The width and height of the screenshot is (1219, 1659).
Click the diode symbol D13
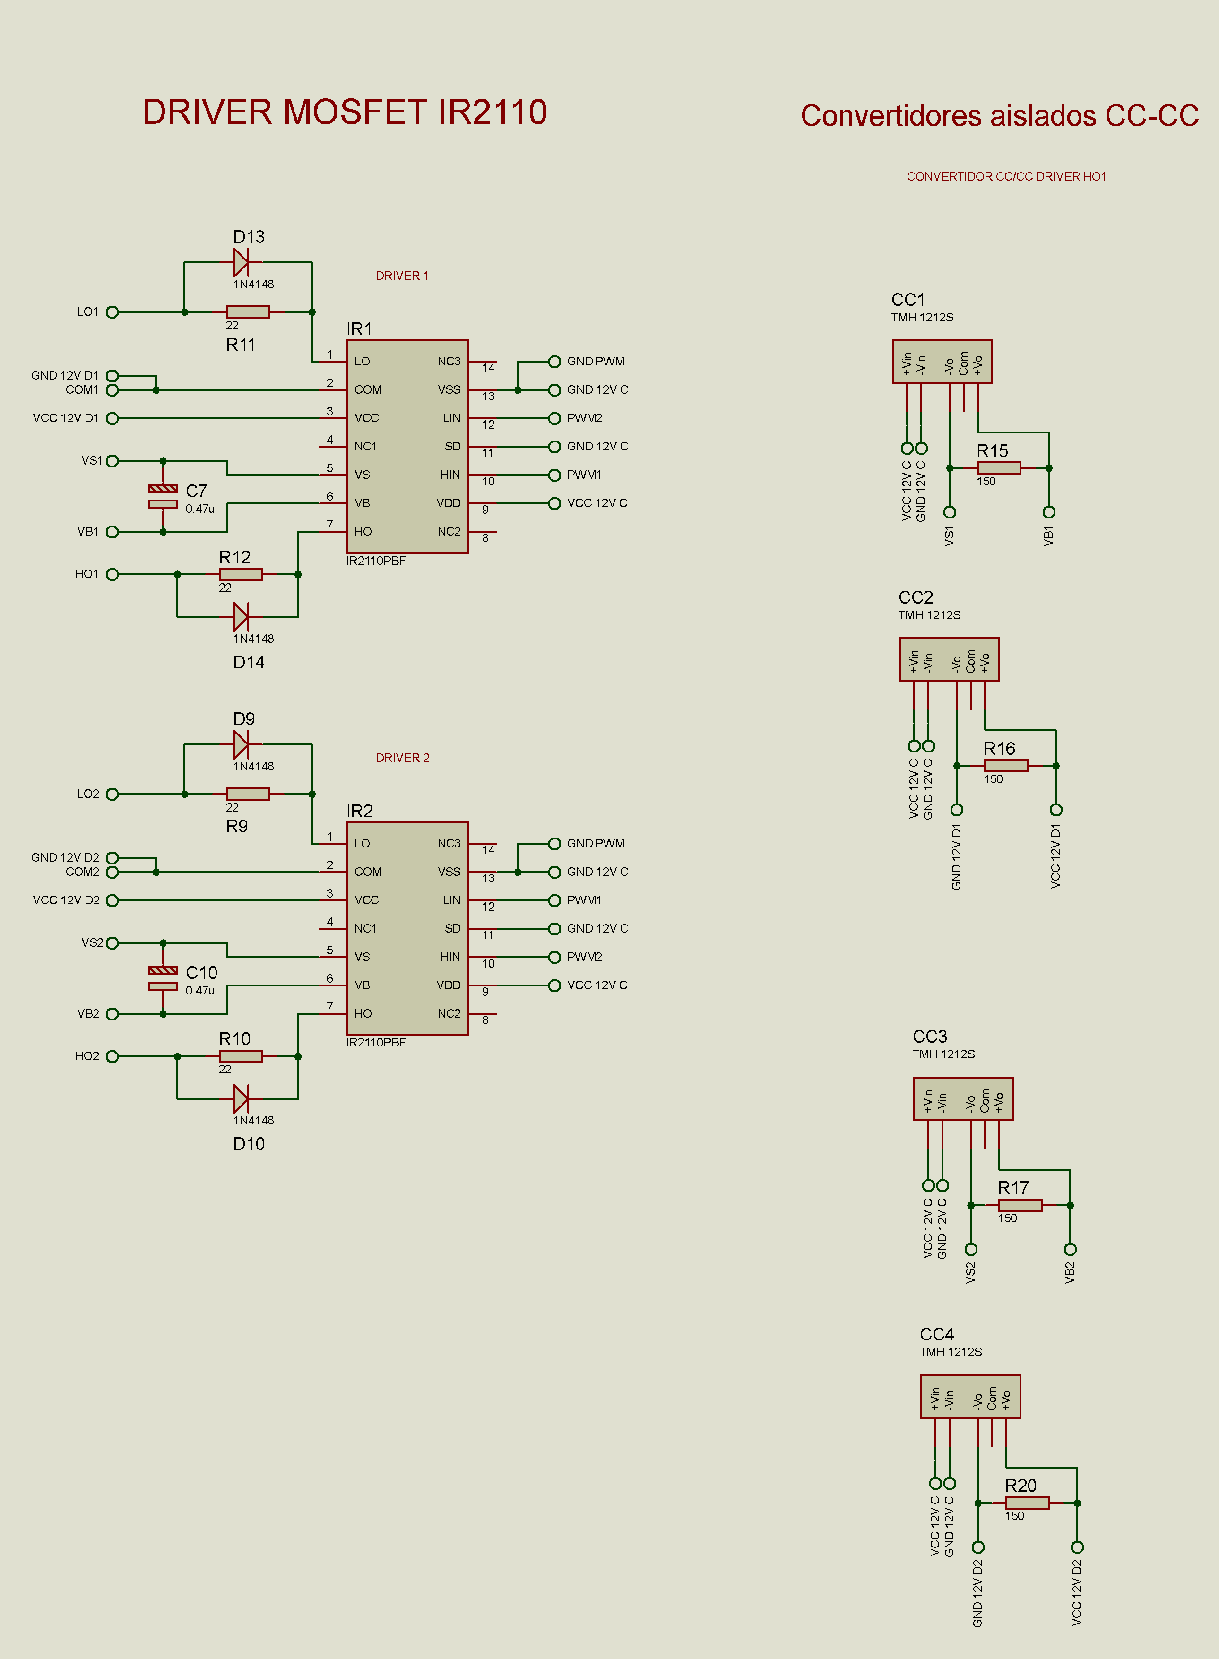click(x=241, y=262)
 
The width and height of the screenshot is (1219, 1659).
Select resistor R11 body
click(x=248, y=312)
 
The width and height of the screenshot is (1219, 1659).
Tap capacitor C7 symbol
click(x=163, y=496)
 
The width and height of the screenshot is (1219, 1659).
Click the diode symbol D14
click(x=241, y=617)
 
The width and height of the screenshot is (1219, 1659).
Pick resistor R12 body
click(x=241, y=574)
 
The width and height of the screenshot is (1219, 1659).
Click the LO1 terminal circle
click(x=112, y=312)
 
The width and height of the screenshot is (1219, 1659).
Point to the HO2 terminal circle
click(x=112, y=1056)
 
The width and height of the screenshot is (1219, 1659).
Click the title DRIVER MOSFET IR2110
click(x=345, y=112)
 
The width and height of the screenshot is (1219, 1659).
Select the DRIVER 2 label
click(x=402, y=758)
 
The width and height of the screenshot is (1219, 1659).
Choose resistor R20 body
click(x=1027, y=1503)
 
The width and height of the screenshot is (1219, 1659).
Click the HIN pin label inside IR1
click(x=450, y=475)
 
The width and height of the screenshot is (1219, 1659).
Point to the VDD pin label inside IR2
click(x=449, y=985)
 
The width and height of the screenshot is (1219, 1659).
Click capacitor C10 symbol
click(x=163, y=978)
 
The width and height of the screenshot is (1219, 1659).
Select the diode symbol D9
click(x=241, y=744)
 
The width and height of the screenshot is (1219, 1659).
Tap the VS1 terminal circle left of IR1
click(x=112, y=461)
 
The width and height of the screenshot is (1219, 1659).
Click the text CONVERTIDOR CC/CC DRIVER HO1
click(x=1006, y=176)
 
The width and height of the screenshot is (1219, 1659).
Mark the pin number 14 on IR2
click(x=488, y=850)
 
